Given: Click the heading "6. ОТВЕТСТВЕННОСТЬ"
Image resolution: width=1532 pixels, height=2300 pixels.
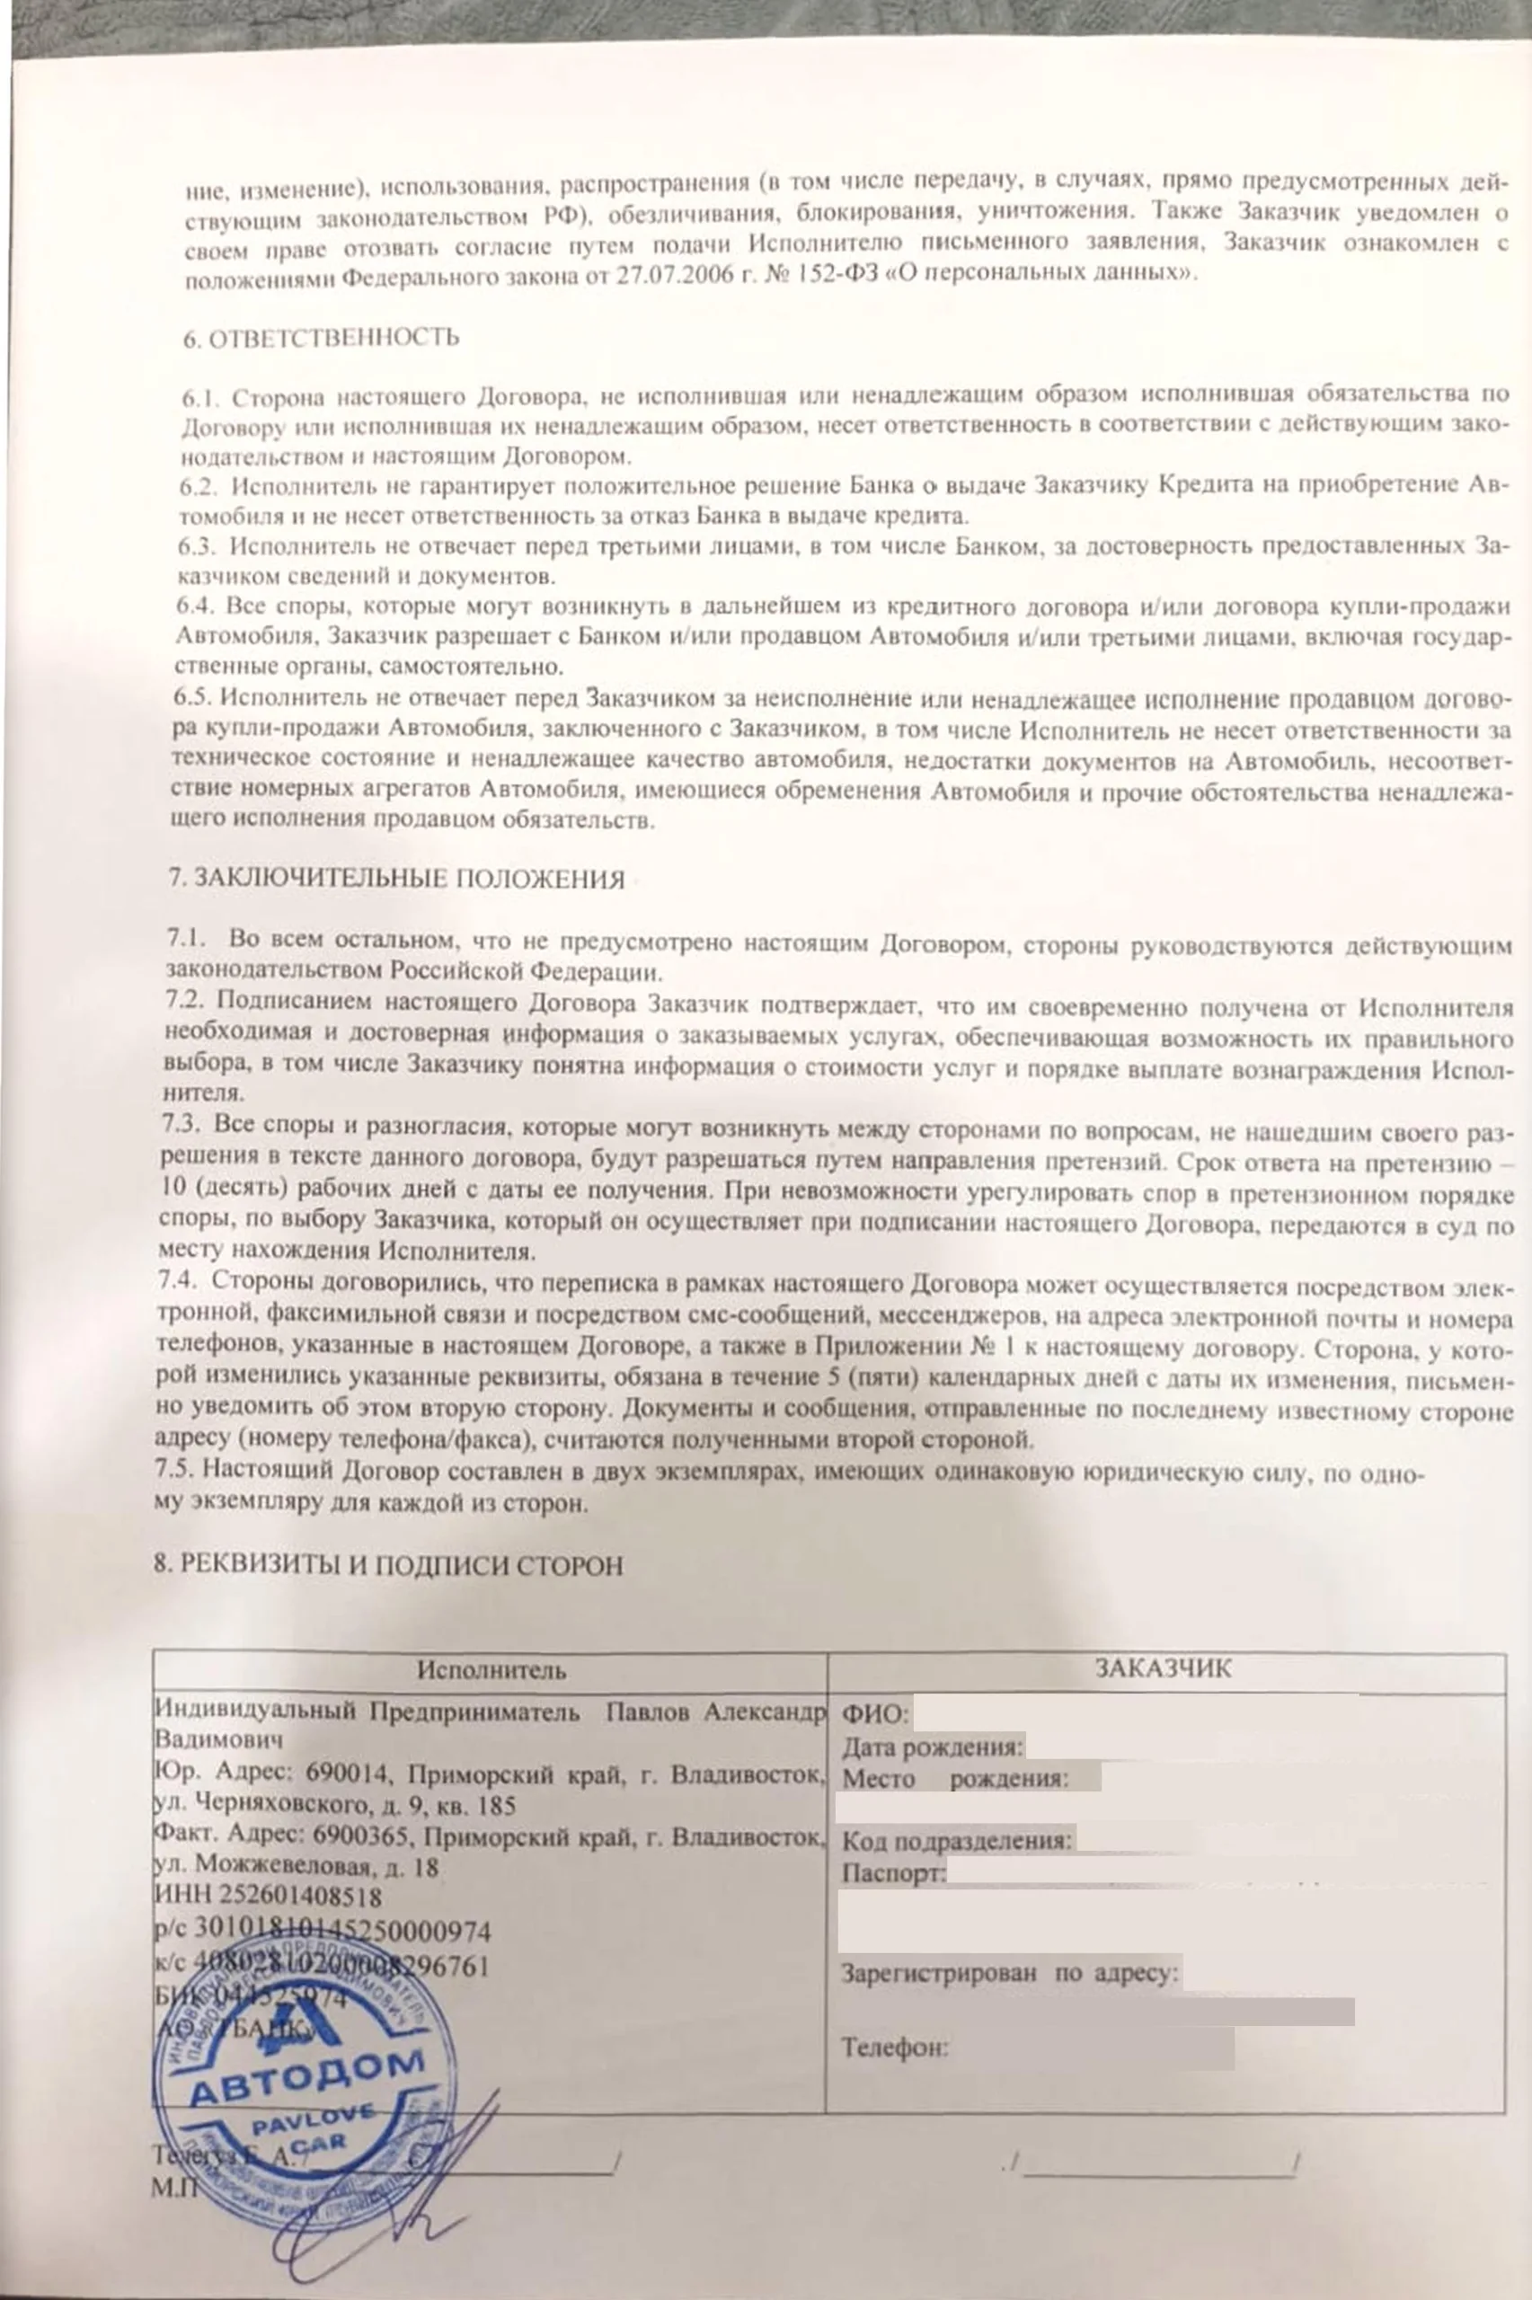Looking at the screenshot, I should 321,338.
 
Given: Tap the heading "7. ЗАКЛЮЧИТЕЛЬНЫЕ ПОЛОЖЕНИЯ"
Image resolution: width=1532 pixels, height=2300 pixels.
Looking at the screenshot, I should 395,879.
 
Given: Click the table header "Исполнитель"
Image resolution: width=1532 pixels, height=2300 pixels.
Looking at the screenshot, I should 491,1669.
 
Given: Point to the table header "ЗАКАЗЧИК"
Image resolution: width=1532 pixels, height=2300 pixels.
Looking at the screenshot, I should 1163,1667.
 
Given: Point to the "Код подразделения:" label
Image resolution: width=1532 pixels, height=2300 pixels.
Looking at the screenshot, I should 958,1841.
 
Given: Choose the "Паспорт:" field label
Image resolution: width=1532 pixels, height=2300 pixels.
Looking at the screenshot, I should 894,1872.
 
